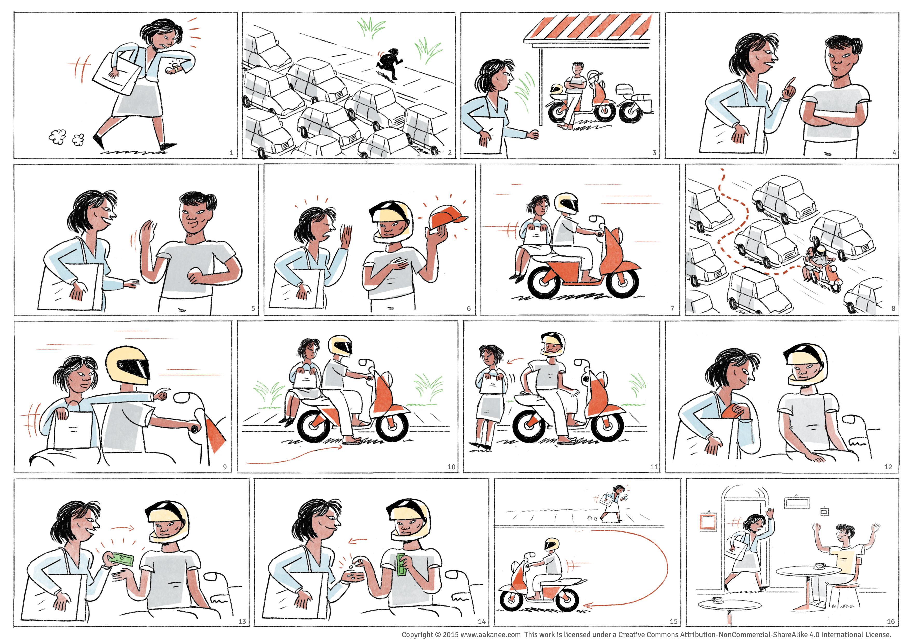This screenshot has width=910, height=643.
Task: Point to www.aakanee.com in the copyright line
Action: (x=490, y=634)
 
